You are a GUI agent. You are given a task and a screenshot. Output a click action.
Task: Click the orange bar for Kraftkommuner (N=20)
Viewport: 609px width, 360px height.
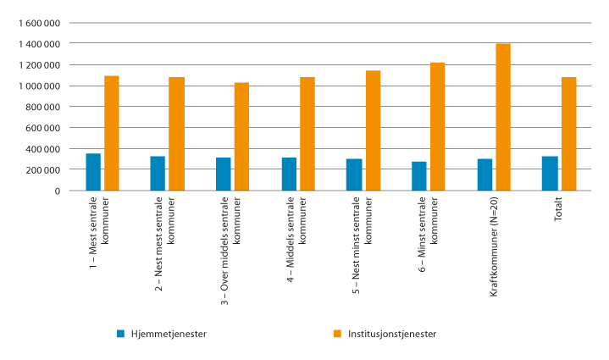[503, 117]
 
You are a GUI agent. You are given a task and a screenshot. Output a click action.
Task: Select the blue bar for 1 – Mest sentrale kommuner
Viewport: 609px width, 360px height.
[93, 172]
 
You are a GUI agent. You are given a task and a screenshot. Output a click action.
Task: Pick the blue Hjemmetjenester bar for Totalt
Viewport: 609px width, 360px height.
[550, 174]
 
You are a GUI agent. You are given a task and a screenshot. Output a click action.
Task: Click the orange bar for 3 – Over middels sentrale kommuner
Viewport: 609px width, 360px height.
[242, 136]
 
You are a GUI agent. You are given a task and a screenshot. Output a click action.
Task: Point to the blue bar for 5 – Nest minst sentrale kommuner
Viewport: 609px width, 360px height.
[354, 174]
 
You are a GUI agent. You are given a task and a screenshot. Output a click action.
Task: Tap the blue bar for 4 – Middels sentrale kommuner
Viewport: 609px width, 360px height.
[289, 174]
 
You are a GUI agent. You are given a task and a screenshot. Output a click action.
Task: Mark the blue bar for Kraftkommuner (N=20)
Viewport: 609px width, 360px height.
[484, 174]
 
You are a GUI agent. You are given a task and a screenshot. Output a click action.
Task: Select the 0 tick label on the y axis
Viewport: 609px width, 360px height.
[57, 191]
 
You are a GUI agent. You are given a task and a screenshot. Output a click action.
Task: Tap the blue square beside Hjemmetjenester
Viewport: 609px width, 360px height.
[121, 333]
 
